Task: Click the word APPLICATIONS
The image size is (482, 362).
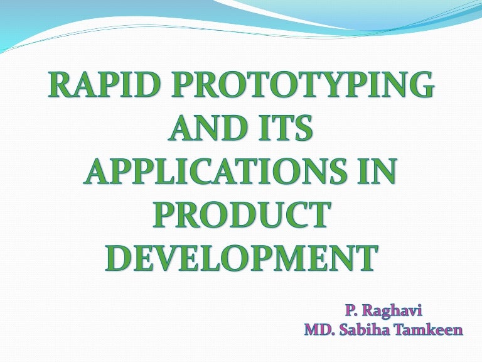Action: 218,171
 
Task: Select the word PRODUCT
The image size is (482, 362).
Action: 242,214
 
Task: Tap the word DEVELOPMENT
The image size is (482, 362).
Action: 241,258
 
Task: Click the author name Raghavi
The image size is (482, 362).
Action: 392,310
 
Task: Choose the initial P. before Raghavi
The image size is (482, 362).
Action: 351,310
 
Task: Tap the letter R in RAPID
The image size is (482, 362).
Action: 60,84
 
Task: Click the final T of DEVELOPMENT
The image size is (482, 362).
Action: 367,258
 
